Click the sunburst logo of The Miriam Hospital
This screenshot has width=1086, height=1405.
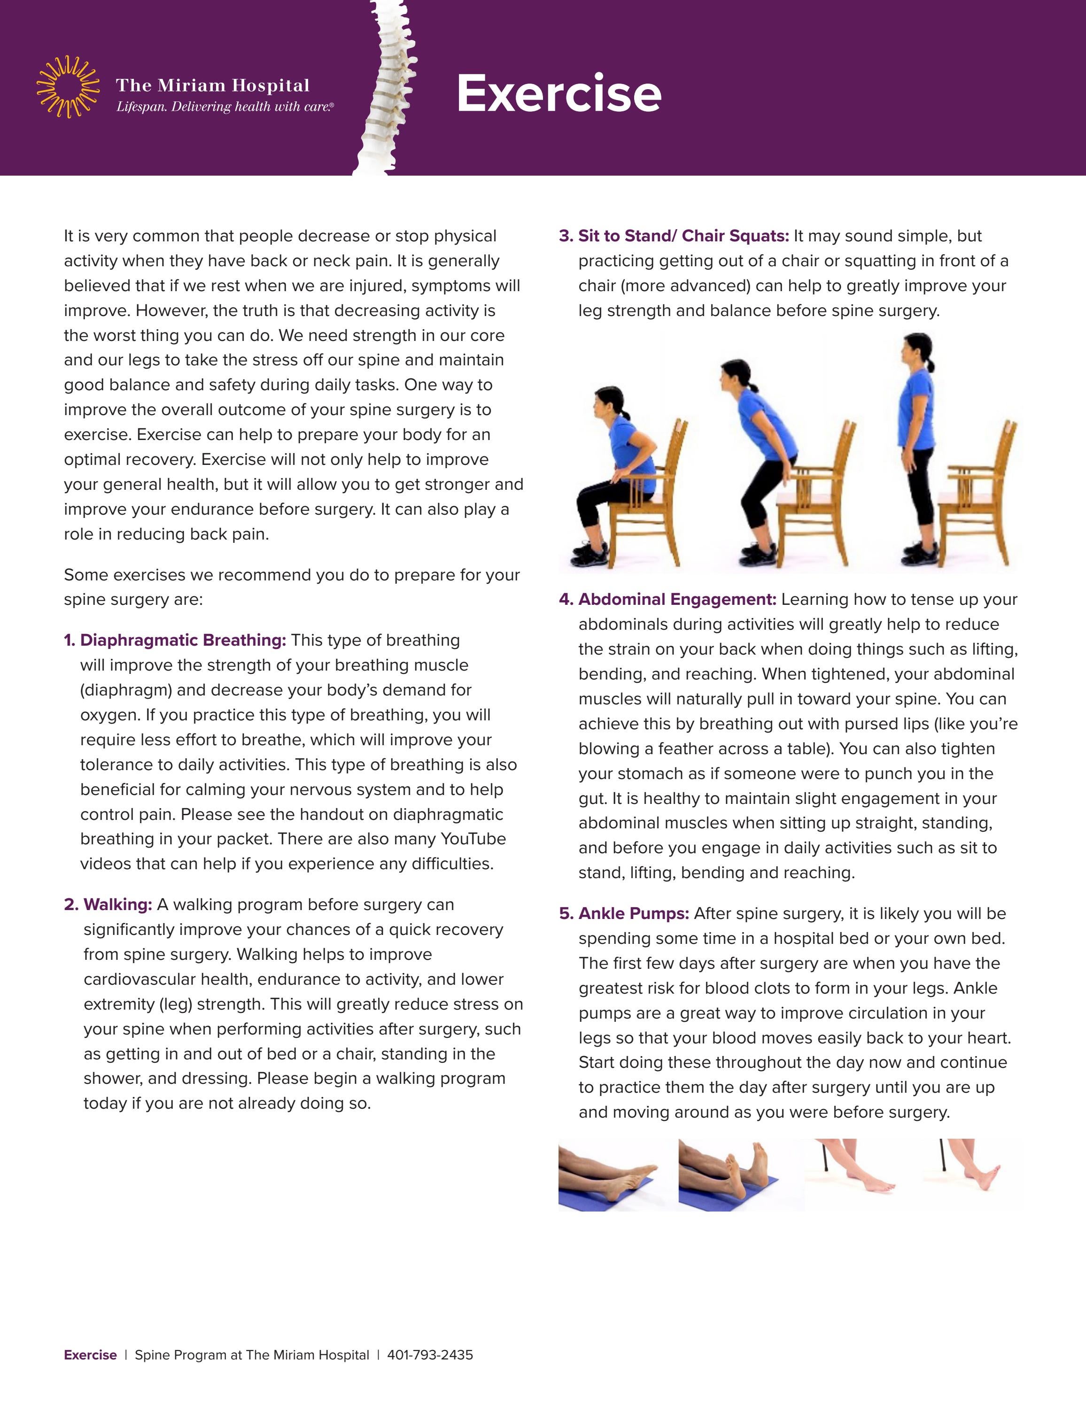(x=68, y=87)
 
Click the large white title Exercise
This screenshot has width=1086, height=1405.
(x=559, y=94)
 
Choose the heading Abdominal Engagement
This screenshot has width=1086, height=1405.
(x=677, y=600)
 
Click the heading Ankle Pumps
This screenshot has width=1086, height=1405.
(x=633, y=913)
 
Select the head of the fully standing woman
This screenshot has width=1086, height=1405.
(x=917, y=353)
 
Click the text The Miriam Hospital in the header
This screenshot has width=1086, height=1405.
(x=212, y=85)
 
